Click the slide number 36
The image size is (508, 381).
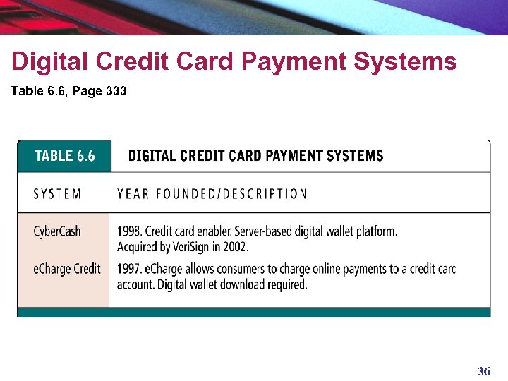point(483,371)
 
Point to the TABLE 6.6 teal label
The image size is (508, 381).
point(64,156)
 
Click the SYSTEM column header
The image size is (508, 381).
point(57,194)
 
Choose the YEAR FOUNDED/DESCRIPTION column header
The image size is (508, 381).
point(212,194)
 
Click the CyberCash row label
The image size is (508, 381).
point(57,231)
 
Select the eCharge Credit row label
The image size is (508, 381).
point(67,269)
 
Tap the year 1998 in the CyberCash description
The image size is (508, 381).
point(128,231)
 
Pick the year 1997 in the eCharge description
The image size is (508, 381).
point(128,269)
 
